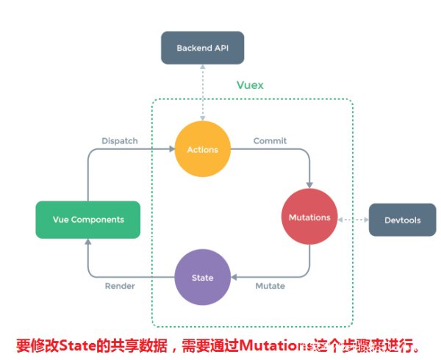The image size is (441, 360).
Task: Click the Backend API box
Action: click(202, 48)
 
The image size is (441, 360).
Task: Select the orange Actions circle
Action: click(202, 150)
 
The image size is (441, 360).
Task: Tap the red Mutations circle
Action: click(309, 217)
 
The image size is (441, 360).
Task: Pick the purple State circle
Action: click(202, 278)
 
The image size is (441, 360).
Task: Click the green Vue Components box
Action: click(88, 219)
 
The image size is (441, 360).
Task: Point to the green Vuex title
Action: click(250, 85)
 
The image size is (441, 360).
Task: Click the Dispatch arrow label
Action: click(119, 140)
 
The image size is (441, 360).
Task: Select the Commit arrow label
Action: click(270, 140)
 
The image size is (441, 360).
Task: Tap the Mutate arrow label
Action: click(270, 286)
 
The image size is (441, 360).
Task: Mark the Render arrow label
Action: click(119, 286)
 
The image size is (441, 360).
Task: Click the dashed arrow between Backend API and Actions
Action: click(202, 93)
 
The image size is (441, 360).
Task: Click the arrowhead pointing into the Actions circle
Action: click(171, 150)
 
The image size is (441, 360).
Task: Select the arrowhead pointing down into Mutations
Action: click(309, 184)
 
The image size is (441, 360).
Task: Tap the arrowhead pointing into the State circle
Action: click(234, 278)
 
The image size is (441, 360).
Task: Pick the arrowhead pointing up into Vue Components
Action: click(88, 243)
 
